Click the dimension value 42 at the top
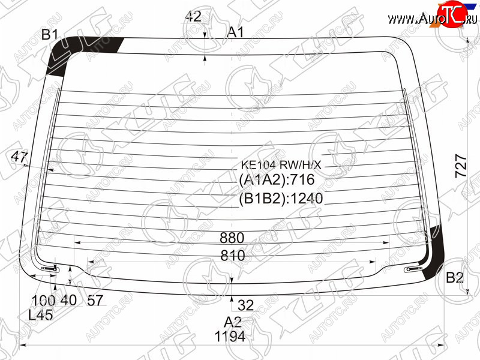pyautogui.click(x=193, y=16)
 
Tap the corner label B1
pyautogui.click(x=50, y=34)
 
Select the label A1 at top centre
pyautogui.click(x=235, y=32)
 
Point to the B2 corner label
pyautogui.click(x=455, y=277)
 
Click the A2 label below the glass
pyautogui.click(x=233, y=322)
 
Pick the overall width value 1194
pyautogui.click(x=230, y=337)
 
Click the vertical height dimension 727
pyautogui.click(x=461, y=166)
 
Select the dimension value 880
pyautogui.click(x=232, y=238)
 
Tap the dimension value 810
pyautogui.click(x=233, y=256)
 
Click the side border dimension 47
pyautogui.click(x=19, y=157)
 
